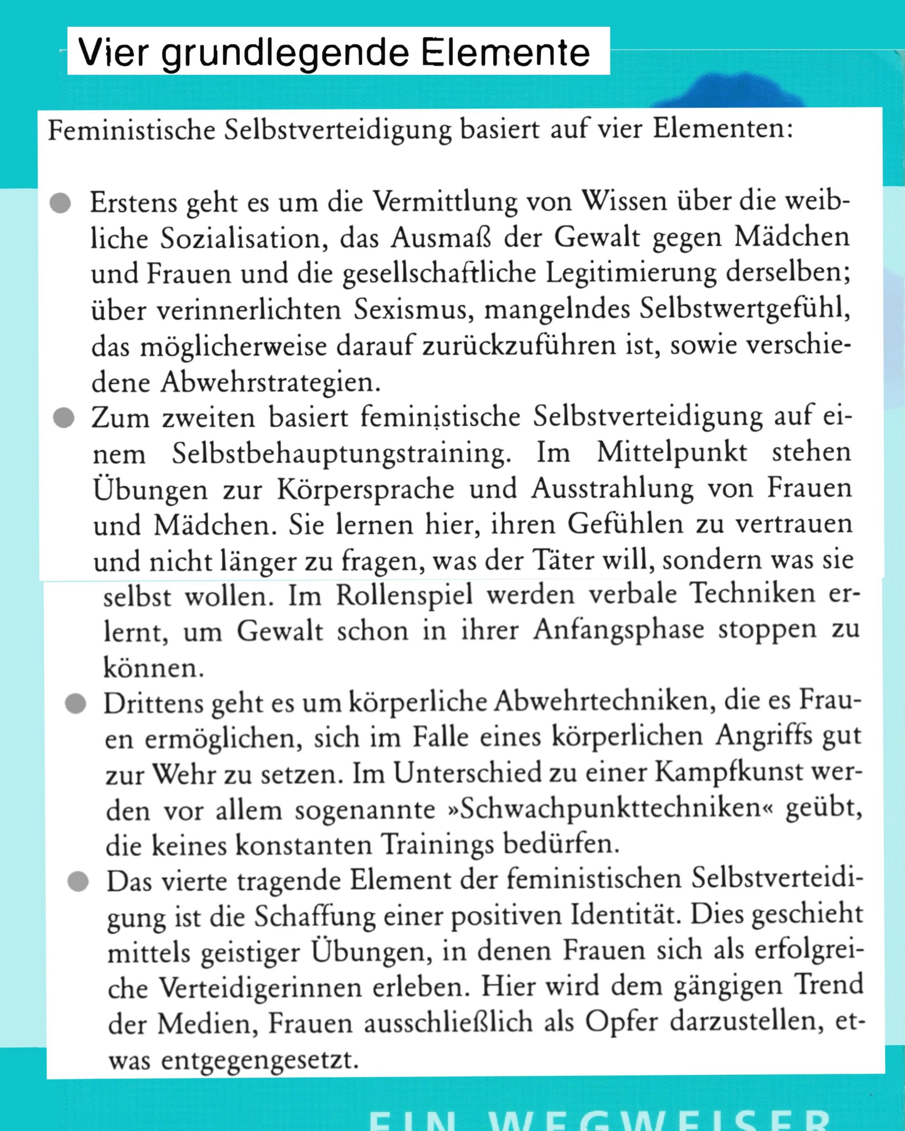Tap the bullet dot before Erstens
click(x=61, y=203)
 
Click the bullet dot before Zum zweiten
click(x=64, y=418)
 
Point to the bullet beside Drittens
click(x=76, y=704)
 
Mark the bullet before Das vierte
click(x=78, y=882)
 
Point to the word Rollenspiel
click(x=404, y=596)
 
